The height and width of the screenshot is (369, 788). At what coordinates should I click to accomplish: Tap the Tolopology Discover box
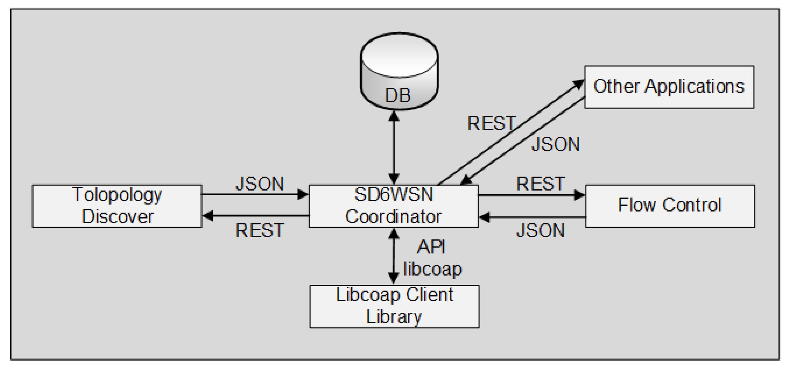[x=117, y=206]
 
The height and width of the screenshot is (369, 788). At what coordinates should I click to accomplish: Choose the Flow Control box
[x=670, y=206]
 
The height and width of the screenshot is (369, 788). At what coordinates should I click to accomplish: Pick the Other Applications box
[x=669, y=87]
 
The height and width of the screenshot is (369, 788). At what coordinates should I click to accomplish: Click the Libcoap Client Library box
[x=394, y=306]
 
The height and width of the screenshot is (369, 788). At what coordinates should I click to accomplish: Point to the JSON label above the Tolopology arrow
[x=260, y=184]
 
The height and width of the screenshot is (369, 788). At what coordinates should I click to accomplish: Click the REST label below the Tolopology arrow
[x=260, y=230]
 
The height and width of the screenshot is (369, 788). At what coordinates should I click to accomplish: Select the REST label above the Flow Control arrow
[x=541, y=184]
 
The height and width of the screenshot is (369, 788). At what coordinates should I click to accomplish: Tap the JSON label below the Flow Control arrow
[x=541, y=230]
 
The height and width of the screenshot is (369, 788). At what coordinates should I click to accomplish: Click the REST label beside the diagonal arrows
[x=492, y=123]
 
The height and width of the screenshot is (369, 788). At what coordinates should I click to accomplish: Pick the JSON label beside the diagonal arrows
[x=556, y=144]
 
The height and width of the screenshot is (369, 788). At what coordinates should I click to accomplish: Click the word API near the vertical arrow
[x=431, y=247]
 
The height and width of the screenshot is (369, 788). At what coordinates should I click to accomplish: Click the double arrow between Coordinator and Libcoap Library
[x=393, y=256]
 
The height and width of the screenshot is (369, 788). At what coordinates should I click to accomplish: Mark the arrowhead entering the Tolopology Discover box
[x=208, y=216]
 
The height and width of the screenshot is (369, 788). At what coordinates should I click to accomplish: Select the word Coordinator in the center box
[x=393, y=217]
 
